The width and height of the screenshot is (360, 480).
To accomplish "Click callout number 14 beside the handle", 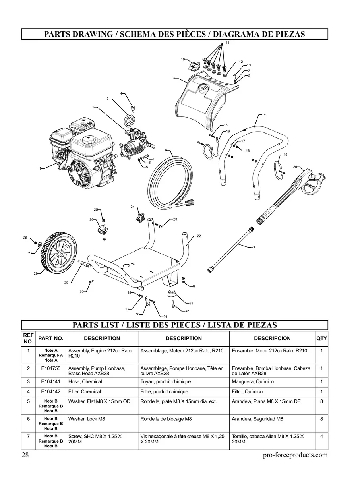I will pos(264,114).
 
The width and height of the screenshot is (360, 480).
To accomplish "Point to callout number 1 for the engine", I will pos(40,169).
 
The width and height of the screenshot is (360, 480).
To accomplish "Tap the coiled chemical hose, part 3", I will pos(130,119).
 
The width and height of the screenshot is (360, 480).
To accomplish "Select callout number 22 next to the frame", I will pos(199,236).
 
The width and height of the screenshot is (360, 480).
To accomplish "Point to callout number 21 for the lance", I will pos(253,247).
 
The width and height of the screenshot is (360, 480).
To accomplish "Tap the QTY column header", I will pos(321,339).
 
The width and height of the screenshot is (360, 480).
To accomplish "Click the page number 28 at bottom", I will pos(26,455).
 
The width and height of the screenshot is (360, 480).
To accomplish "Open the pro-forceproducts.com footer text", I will pos(295,455).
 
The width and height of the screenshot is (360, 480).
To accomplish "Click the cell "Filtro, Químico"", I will pos(247,392).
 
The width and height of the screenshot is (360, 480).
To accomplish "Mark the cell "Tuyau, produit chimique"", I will pos(165,381).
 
